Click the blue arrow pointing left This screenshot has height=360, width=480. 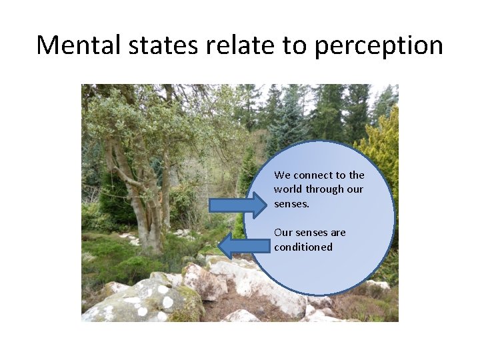pos(243,246)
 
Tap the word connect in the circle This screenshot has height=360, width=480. pos(312,175)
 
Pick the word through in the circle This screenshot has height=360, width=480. pos(325,189)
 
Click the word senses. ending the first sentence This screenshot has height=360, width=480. pos(291,204)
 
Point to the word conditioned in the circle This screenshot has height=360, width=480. pos(303,247)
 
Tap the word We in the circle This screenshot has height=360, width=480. pos(282,175)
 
